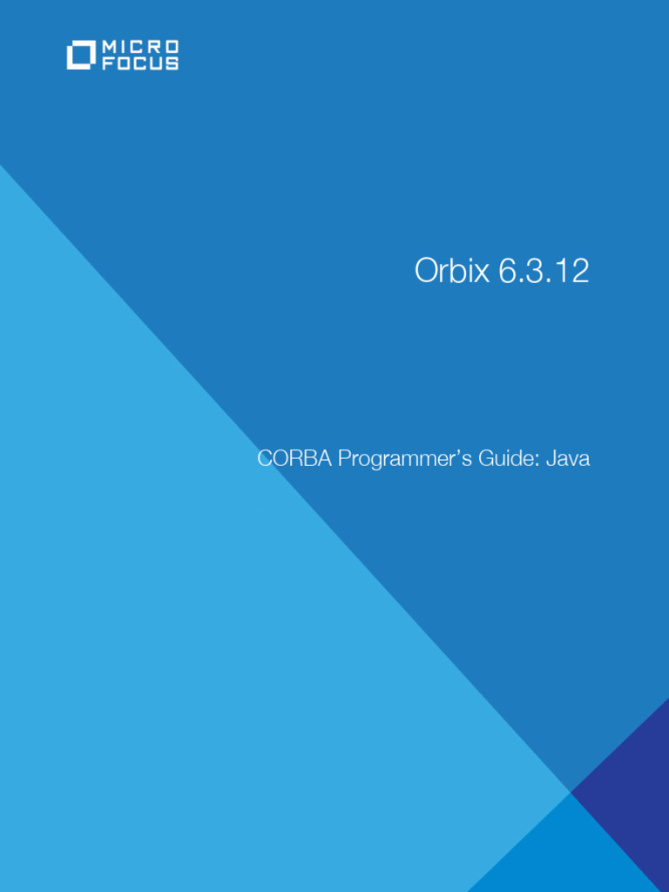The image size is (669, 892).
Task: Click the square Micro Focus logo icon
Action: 81,55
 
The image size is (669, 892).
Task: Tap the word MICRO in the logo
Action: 140,46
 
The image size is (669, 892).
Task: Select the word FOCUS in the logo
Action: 140,64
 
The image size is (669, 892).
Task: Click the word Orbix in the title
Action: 451,272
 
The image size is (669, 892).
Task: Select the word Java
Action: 568,458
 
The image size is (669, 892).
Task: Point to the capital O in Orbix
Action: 426,272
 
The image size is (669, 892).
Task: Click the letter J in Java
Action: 551,458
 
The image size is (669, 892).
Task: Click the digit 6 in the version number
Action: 506,272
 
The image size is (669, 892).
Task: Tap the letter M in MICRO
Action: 109,46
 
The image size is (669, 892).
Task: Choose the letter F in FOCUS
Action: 108,64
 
